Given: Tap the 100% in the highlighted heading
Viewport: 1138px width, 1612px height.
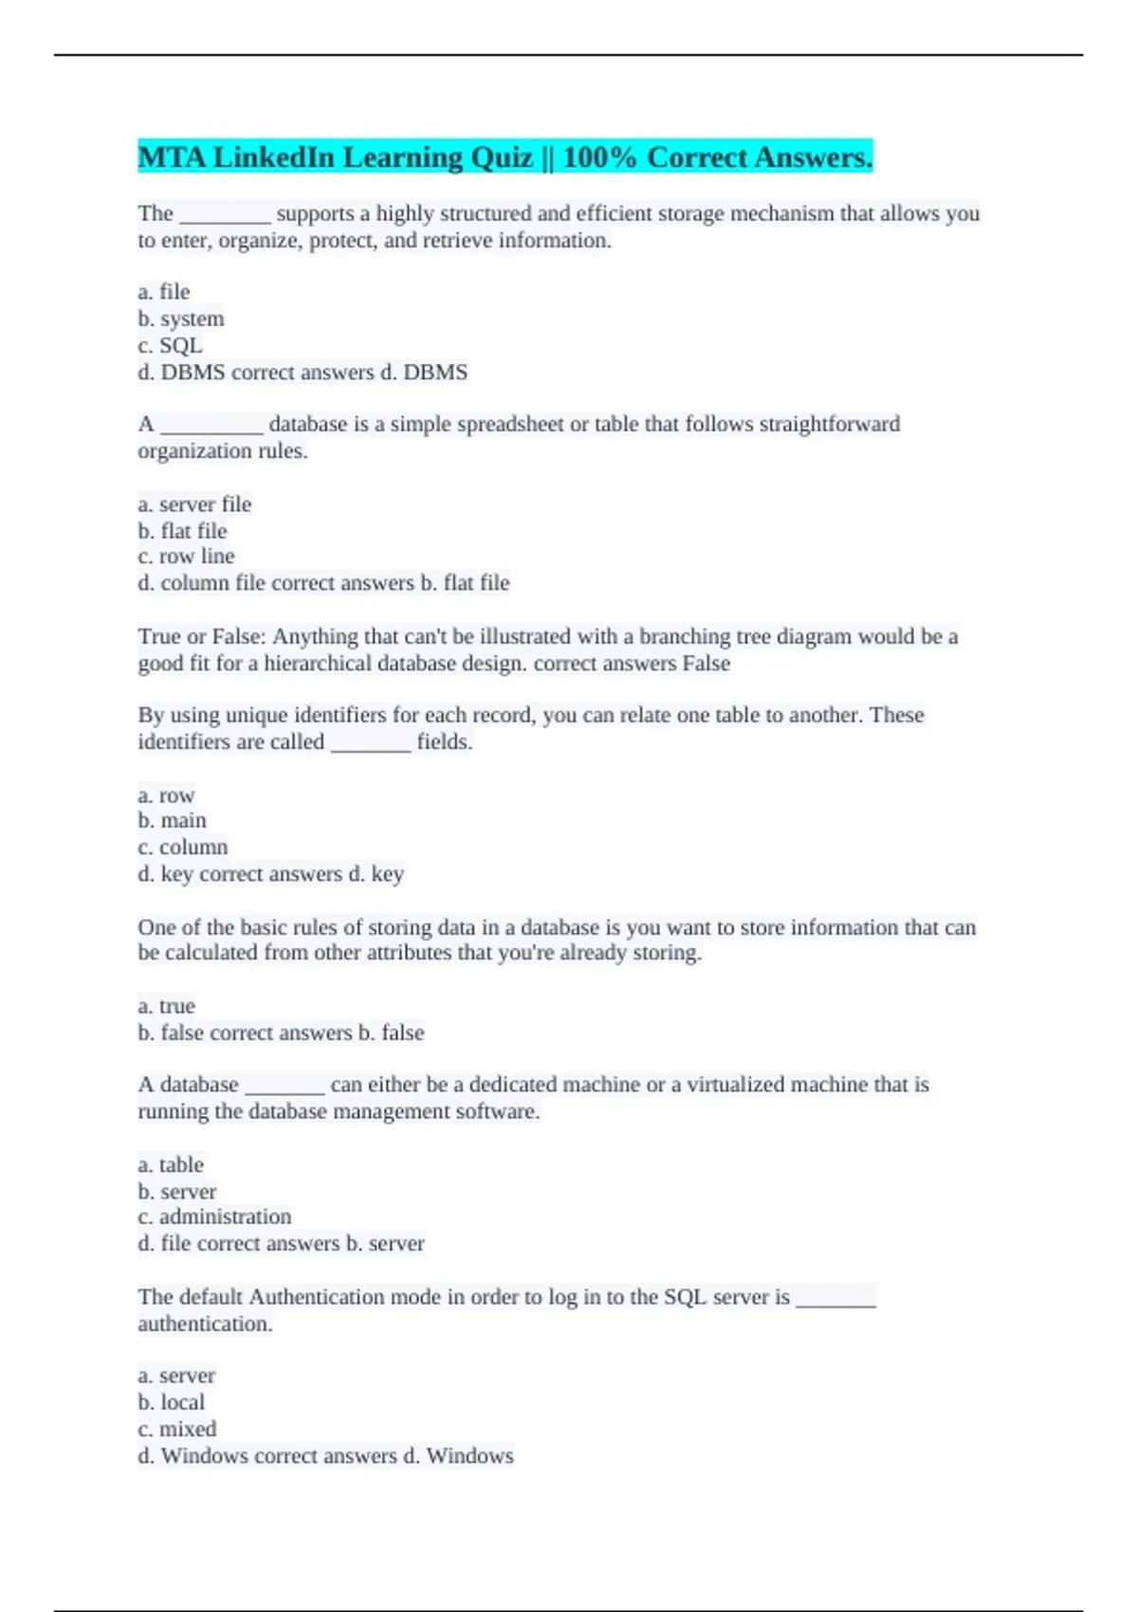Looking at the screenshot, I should click(598, 157).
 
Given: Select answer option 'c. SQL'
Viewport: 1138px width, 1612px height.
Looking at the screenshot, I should click(170, 345).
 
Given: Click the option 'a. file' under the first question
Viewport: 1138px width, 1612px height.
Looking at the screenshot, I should click(164, 292).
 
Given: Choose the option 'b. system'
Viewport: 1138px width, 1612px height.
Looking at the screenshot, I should click(181, 319).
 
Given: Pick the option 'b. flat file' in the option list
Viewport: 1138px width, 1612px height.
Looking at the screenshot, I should click(183, 531).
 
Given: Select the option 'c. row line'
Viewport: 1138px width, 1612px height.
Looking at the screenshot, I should click(186, 557).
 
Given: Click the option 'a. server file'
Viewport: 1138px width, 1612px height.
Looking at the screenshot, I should click(194, 504).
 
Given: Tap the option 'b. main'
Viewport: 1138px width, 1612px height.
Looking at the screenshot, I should click(172, 820).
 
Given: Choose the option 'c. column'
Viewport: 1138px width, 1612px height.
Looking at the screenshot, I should click(183, 847).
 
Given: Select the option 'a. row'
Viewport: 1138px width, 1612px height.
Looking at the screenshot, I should click(166, 795).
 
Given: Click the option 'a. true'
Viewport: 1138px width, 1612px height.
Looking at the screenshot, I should click(166, 1006).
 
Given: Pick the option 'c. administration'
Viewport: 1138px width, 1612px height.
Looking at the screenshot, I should click(214, 1217).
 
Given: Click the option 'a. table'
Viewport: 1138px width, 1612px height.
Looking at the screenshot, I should click(171, 1164).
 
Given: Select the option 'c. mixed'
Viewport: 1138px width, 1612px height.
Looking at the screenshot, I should click(177, 1429).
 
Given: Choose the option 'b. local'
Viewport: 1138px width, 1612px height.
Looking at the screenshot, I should click(172, 1402).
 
